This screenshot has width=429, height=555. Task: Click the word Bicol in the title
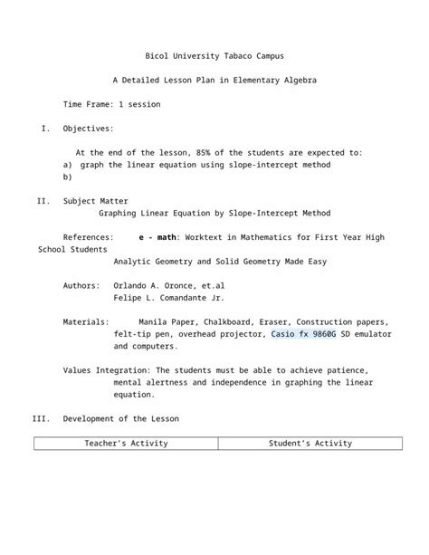[157, 56]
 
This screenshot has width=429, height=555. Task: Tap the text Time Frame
[88, 105]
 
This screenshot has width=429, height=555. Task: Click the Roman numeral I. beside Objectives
[46, 129]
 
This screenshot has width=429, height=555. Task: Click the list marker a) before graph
[67, 166]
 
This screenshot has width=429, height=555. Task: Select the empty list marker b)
[67, 177]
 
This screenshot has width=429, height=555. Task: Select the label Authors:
[81, 285]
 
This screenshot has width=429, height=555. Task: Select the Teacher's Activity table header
[127, 444]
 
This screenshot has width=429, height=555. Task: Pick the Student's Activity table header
[310, 444]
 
